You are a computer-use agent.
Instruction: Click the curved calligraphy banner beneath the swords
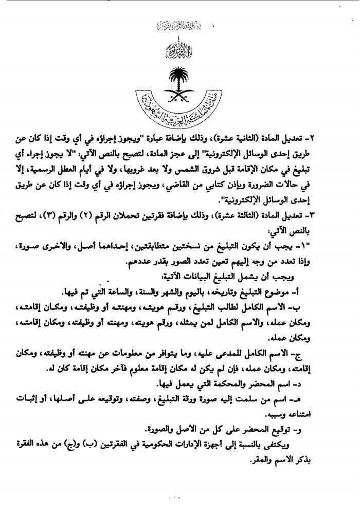[180, 109]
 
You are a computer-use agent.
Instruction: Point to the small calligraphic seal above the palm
[180, 51]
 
